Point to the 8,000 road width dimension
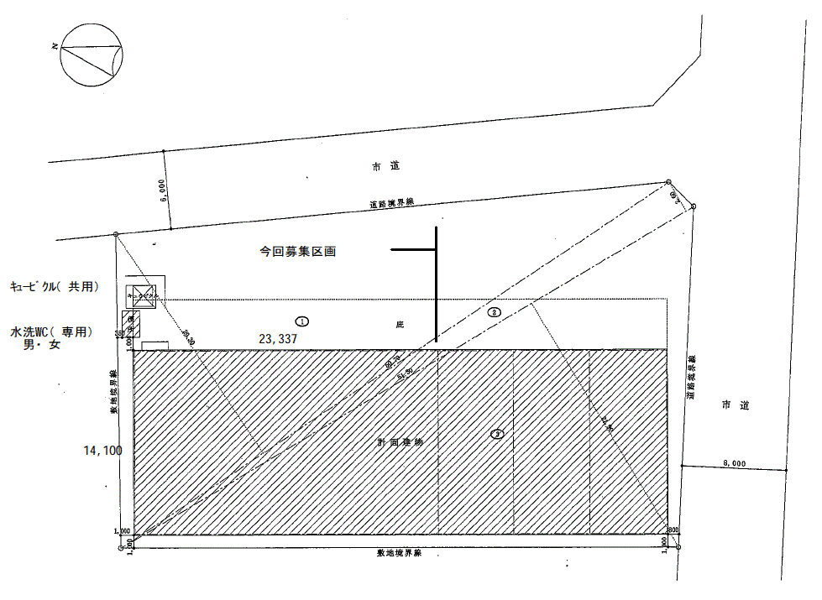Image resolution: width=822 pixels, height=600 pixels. pyautogui.click(x=732, y=463)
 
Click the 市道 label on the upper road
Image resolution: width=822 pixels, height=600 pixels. pyautogui.click(x=385, y=168)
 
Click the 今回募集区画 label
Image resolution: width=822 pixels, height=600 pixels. pyautogui.click(x=297, y=252)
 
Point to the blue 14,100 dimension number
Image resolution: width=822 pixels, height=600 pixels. pyautogui.click(x=102, y=451)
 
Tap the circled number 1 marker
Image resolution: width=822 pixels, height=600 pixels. pyautogui.click(x=302, y=321)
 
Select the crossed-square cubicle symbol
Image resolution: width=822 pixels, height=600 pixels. pyautogui.click(x=140, y=294)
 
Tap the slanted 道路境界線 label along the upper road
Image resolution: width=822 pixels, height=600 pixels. pyautogui.click(x=392, y=203)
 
